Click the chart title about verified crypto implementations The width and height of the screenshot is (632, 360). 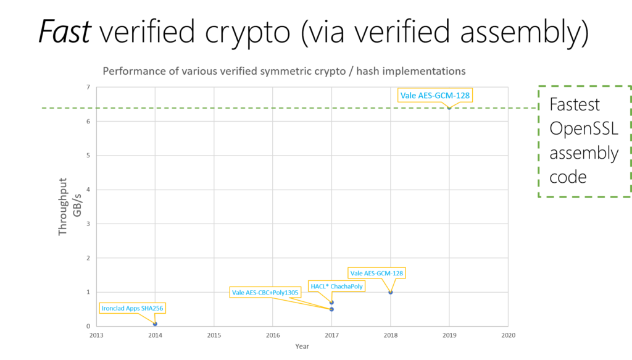[284, 71]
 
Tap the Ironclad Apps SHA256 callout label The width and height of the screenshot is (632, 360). [133, 308]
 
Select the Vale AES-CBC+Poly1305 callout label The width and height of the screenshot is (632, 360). [265, 292]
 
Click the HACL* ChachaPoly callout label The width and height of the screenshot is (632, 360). [336, 286]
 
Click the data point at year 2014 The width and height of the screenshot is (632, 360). [156, 324]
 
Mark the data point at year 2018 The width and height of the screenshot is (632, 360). [391, 292]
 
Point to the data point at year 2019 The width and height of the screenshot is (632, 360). [449, 107]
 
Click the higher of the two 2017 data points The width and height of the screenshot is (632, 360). [332, 303]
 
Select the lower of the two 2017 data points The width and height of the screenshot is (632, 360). [332, 309]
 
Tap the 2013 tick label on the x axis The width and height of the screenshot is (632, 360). [96, 335]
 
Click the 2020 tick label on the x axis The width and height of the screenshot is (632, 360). [508, 335]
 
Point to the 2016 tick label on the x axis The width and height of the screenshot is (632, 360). [273, 335]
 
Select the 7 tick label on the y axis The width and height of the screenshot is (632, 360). [88, 88]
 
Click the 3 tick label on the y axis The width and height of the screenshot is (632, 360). [88, 224]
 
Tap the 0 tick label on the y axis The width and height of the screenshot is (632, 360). [88, 325]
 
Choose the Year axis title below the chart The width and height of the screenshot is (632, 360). [302, 346]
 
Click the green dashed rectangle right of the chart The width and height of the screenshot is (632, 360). [584, 141]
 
